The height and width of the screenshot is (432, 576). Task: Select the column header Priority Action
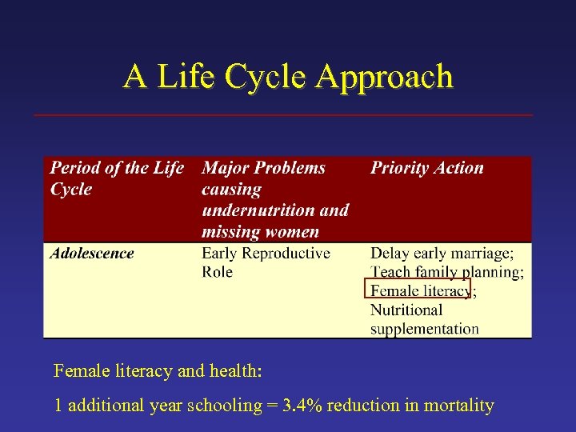click(x=426, y=168)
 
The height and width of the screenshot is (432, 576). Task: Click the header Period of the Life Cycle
click(x=116, y=178)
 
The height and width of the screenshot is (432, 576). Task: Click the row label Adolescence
click(x=91, y=254)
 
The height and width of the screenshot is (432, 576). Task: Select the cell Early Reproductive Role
click(x=265, y=262)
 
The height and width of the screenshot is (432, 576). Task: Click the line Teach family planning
click(x=446, y=272)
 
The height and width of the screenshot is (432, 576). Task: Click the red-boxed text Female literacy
click(x=419, y=290)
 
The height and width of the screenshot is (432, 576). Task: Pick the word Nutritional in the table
click(x=406, y=310)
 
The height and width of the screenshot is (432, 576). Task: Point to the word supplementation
click(x=424, y=328)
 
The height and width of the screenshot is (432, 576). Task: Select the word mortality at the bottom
click(x=459, y=406)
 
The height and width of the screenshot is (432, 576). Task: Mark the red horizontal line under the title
click(x=283, y=115)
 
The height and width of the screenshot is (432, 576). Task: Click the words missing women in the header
click(x=260, y=232)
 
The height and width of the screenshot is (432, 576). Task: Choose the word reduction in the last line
click(x=363, y=406)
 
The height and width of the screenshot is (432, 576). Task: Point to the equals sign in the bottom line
click(x=273, y=406)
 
